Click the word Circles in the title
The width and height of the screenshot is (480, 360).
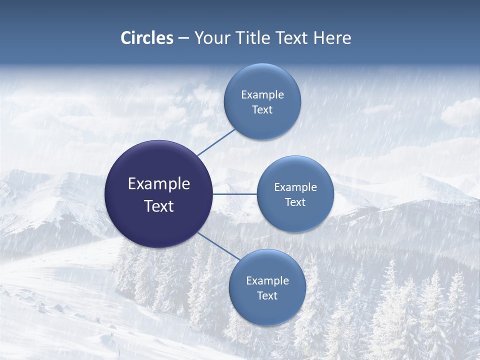click(147, 38)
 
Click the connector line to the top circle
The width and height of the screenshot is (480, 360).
click(216, 142)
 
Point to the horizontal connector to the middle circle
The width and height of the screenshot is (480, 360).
click(234, 194)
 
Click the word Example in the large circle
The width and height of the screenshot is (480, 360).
click(159, 184)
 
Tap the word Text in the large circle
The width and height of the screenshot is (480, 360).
click(159, 206)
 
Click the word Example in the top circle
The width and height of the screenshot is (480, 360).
click(262, 95)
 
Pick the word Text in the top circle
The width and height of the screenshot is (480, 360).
click(262, 110)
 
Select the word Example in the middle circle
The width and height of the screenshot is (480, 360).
click(295, 187)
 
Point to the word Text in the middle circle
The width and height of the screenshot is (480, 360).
click(295, 202)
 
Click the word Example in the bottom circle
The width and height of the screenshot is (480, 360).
click(267, 281)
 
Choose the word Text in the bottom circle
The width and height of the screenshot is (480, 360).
click(267, 296)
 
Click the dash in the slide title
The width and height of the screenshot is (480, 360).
click(183, 38)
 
